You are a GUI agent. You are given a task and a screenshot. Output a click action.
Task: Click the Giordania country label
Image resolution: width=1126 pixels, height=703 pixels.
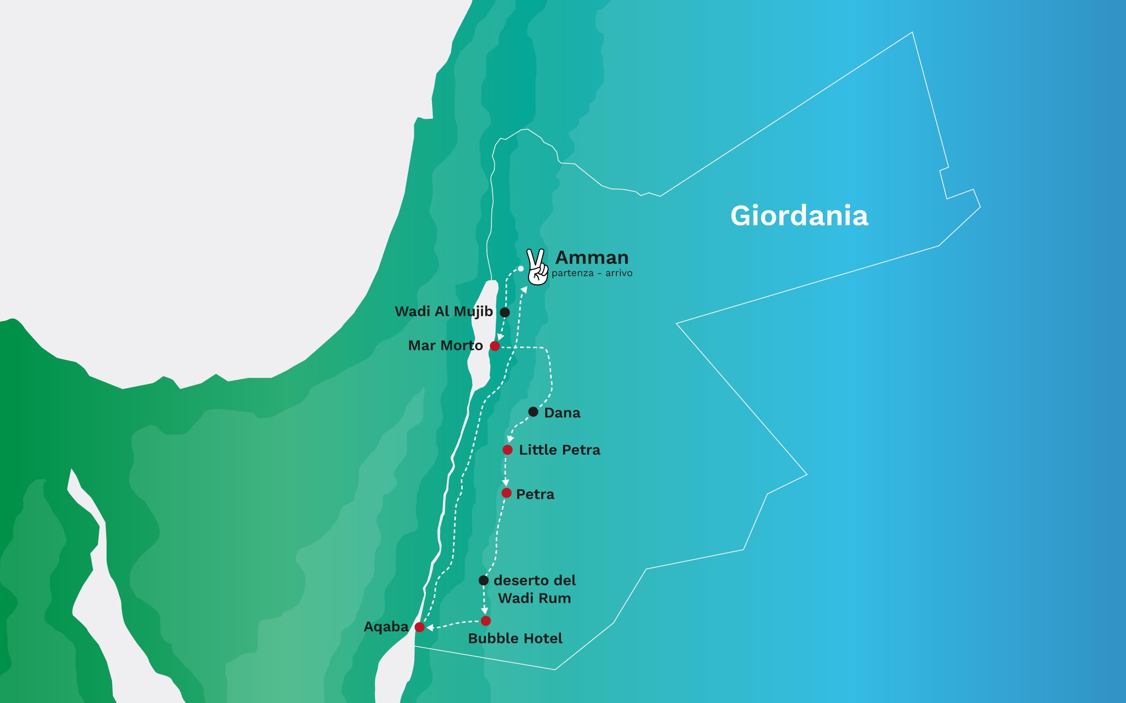[x=799, y=216]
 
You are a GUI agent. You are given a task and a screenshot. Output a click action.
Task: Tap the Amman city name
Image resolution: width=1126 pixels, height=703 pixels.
[x=592, y=258]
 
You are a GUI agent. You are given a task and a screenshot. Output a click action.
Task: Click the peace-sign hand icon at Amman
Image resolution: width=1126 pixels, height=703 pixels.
[x=537, y=267]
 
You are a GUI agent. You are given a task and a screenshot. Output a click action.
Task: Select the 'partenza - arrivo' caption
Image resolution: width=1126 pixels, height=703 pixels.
[x=592, y=273]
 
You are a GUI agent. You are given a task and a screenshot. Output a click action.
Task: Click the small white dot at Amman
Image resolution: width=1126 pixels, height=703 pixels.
[x=521, y=268]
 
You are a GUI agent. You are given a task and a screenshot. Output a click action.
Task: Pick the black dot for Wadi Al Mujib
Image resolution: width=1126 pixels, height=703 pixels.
[x=505, y=312]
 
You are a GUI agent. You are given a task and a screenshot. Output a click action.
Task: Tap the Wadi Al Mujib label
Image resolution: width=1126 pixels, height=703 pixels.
[x=443, y=312]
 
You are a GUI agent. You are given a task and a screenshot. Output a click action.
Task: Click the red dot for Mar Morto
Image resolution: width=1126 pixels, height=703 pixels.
[x=494, y=346]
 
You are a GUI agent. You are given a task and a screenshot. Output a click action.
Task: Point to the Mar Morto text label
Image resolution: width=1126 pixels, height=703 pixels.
[x=445, y=346]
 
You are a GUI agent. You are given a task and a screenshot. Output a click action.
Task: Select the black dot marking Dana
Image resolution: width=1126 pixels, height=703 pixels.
[x=533, y=411]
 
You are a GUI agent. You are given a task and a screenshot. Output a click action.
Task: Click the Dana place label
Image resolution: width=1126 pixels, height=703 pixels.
[x=562, y=413]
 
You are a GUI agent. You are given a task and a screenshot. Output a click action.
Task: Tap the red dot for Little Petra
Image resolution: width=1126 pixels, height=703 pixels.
[x=507, y=450]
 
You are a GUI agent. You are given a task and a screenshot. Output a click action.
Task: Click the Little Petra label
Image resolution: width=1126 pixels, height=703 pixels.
[x=559, y=450]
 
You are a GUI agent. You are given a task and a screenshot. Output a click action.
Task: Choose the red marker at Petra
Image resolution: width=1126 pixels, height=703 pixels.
[x=506, y=493]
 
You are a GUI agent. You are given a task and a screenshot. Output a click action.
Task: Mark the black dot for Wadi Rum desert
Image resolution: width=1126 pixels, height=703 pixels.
[x=483, y=581]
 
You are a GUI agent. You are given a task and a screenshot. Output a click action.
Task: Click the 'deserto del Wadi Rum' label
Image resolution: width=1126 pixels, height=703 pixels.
[x=534, y=589]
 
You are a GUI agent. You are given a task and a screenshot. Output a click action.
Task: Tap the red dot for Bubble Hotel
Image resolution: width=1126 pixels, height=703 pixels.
[x=485, y=621]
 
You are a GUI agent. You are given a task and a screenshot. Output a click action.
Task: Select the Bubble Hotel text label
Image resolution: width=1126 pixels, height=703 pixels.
[x=515, y=638]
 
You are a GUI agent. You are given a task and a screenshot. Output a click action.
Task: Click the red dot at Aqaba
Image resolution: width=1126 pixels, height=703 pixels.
[x=419, y=627]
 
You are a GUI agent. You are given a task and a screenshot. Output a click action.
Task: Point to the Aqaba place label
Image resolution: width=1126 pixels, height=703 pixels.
[x=386, y=627]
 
